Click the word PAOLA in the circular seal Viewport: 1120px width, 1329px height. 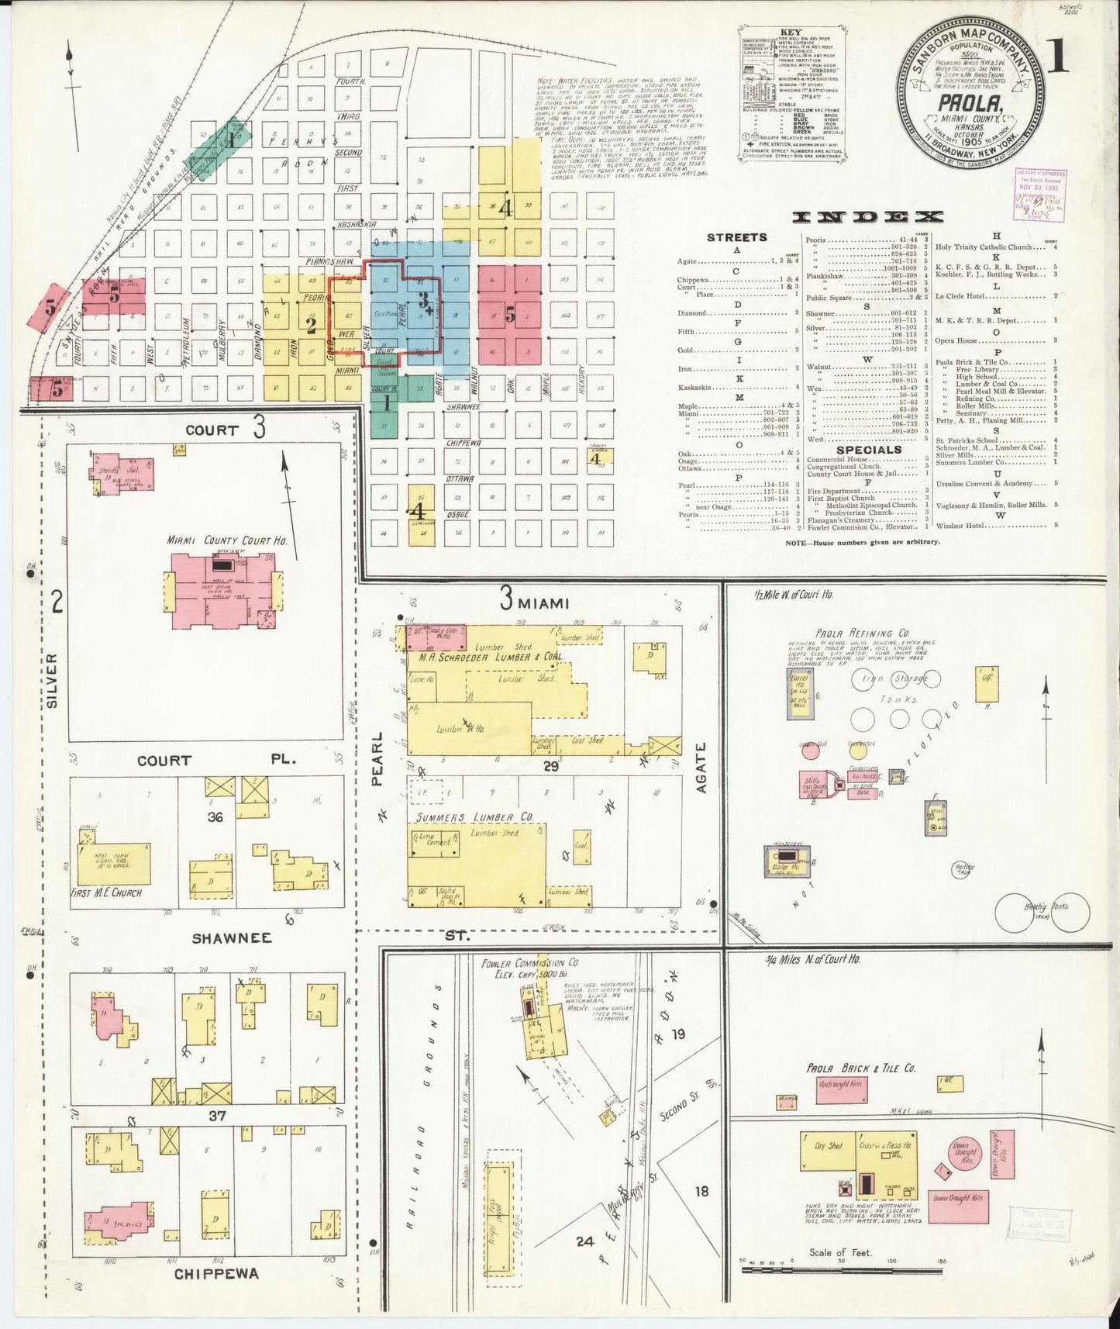point(968,103)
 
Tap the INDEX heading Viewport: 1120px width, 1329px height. point(868,217)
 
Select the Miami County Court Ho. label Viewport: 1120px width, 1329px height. point(227,540)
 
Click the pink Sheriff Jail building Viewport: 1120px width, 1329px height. point(124,473)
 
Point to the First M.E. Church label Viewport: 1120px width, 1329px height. point(106,893)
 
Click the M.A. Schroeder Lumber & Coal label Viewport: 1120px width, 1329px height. point(491,658)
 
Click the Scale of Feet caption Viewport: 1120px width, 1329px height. point(840,1252)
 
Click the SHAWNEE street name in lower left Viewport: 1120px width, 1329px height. point(232,938)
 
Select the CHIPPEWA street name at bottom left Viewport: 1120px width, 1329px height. point(216,1274)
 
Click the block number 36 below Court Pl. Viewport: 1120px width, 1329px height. point(215,816)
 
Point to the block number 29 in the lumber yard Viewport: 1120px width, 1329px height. point(551,766)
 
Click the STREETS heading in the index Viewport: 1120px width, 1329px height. point(736,237)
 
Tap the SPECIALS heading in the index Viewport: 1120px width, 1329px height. point(869,450)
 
